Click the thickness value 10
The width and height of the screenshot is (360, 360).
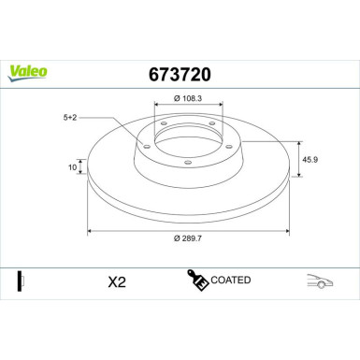point(72,168)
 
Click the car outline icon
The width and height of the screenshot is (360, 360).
point(321,281)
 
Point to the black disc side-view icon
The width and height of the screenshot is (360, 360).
point(21,281)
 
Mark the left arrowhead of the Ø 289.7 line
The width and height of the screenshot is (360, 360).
point(90,229)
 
